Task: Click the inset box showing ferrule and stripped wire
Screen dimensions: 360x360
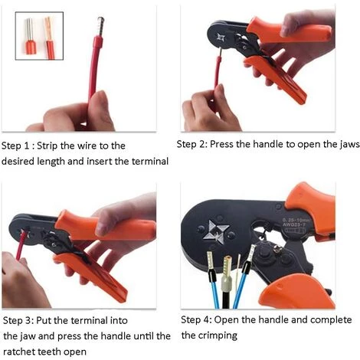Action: [41, 36]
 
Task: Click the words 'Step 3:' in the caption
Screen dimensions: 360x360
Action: [20, 320]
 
